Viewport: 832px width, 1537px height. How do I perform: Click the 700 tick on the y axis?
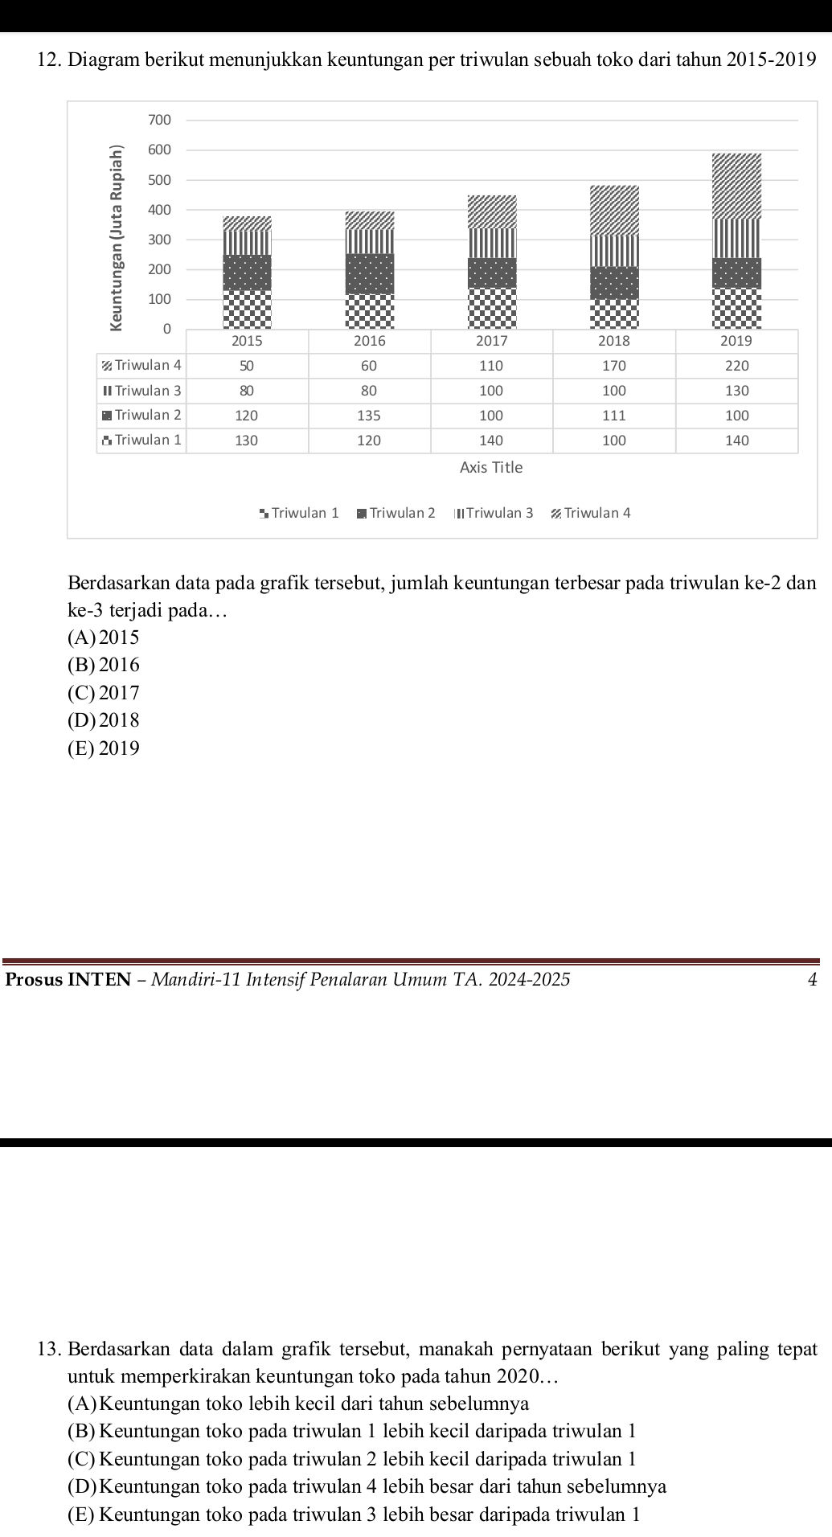(160, 120)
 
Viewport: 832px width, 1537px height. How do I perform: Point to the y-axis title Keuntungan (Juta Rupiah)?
(118, 238)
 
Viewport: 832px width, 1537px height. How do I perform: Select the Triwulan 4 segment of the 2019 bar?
(736, 186)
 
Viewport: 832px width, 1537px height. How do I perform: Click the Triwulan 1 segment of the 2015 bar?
(247, 309)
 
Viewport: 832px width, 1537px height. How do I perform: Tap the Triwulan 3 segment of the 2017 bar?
(492, 243)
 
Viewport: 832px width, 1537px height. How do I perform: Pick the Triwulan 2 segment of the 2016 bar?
(370, 274)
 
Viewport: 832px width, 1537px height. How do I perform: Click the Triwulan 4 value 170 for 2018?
(614, 366)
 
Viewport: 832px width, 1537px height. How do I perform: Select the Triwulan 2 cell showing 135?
(369, 416)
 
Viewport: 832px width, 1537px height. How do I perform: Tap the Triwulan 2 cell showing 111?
(614, 416)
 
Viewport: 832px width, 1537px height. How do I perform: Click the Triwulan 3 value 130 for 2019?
(736, 391)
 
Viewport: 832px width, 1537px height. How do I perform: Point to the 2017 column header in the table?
(492, 341)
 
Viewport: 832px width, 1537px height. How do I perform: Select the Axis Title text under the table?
(490, 467)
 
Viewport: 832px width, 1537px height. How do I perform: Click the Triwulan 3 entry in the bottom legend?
(494, 513)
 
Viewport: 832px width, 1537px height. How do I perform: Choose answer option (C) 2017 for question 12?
(105, 693)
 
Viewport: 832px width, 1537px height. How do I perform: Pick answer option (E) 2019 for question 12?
(105, 748)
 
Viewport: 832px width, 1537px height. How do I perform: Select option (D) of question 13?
(367, 1486)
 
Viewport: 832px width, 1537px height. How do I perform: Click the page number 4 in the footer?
(812, 979)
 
